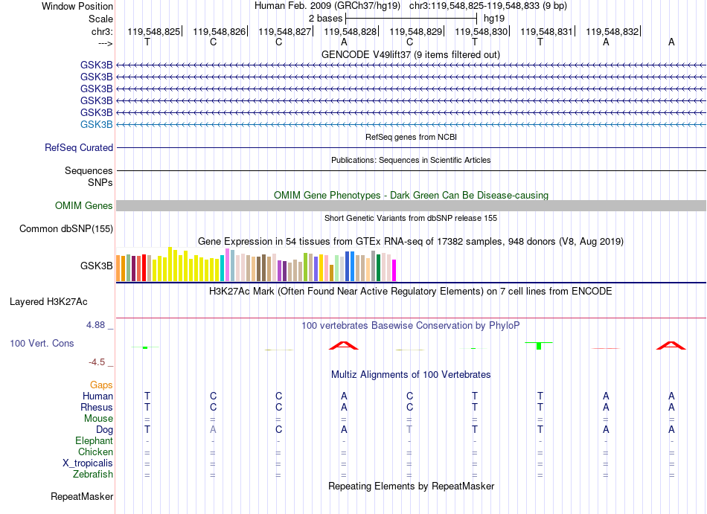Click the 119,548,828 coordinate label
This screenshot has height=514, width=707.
tap(350, 31)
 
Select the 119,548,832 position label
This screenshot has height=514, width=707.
tap(612, 31)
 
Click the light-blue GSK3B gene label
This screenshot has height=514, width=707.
tap(97, 124)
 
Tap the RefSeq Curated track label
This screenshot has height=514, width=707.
tap(79, 148)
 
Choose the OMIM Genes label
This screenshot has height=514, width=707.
tap(84, 206)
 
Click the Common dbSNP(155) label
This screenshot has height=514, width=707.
tap(66, 229)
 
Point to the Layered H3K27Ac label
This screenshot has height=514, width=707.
tap(48, 302)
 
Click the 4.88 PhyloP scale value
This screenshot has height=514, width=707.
tap(95, 325)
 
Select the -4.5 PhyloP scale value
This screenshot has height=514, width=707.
tap(97, 362)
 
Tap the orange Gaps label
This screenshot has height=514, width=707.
tap(101, 385)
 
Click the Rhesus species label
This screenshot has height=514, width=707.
tap(97, 407)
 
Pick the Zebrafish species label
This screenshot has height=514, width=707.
tap(93, 475)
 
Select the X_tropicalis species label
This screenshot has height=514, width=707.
tap(88, 463)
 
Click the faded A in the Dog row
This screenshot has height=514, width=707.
tap(213, 430)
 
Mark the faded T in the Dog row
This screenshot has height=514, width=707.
tap(409, 430)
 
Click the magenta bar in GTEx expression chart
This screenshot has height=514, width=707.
tap(394, 270)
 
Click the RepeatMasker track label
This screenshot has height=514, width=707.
tap(82, 496)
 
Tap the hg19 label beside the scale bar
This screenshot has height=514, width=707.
tap(494, 19)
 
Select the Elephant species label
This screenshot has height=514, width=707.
tap(95, 441)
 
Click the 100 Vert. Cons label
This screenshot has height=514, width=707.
tap(42, 343)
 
